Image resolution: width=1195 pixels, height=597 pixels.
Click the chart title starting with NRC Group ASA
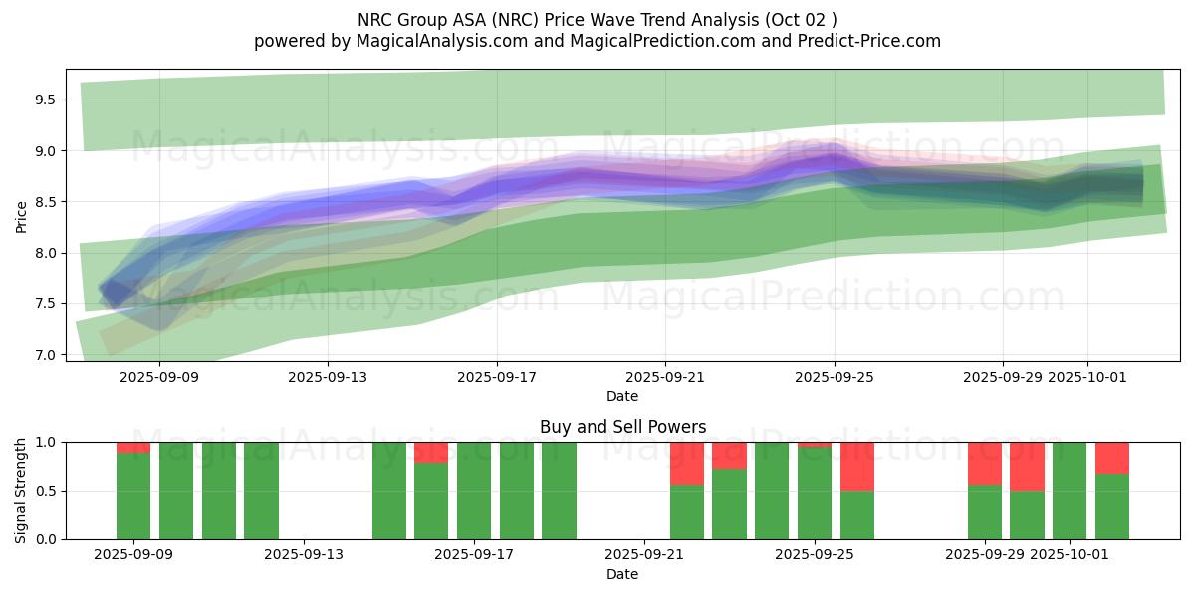point(597,19)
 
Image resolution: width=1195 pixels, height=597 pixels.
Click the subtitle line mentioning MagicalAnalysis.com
point(597,41)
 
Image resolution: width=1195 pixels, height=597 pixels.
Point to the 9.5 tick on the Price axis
point(44,99)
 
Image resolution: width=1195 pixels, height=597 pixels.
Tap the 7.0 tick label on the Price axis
point(44,355)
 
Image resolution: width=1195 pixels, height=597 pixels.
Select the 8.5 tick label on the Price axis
point(44,202)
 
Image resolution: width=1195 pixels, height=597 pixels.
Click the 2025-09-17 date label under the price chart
point(497,377)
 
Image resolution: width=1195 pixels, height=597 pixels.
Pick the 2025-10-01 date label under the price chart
point(1087,377)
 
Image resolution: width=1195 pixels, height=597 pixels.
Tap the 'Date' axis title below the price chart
point(622,396)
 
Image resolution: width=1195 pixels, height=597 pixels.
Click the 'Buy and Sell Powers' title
point(622,427)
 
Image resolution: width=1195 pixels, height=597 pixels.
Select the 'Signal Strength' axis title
point(21,490)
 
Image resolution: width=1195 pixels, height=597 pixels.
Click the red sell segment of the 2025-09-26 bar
point(857,466)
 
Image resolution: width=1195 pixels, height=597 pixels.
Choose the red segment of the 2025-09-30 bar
point(1027,466)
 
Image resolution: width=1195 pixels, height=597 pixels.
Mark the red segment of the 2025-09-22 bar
point(687,463)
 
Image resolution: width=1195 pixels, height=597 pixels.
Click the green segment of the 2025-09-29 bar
point(985,512)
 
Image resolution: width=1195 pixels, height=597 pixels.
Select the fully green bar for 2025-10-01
point(1070,491)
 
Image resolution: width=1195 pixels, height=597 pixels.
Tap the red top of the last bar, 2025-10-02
point(1112,457)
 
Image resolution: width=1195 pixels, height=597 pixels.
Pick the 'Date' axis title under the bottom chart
point(622,574)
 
